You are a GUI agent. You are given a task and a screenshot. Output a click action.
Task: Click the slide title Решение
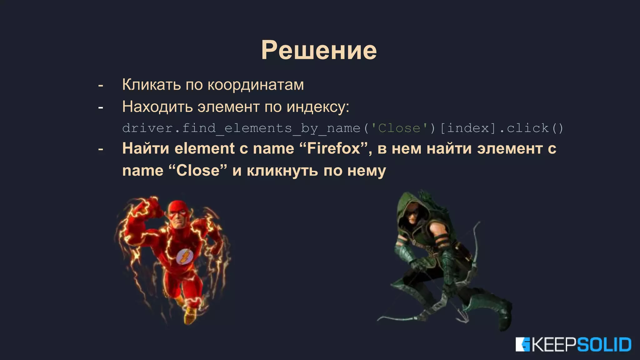pyautogui.click(x=319, y=50)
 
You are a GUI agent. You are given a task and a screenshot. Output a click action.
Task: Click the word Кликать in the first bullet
pyautogui.click(x=151, y=84)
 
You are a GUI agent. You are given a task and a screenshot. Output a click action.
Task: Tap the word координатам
pyautogui.click(x=256, y=85)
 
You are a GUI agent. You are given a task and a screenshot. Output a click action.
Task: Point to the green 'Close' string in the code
pyautogui.click(x=399, y=128)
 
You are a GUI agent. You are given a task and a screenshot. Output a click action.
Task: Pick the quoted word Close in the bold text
pyautogui.click(x=198, y=171)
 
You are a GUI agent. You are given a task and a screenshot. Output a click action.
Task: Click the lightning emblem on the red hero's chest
pyautogui.click(x=184, y=256)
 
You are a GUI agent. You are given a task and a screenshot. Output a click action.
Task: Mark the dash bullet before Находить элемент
pyautogui.click(x=101, y=107)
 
